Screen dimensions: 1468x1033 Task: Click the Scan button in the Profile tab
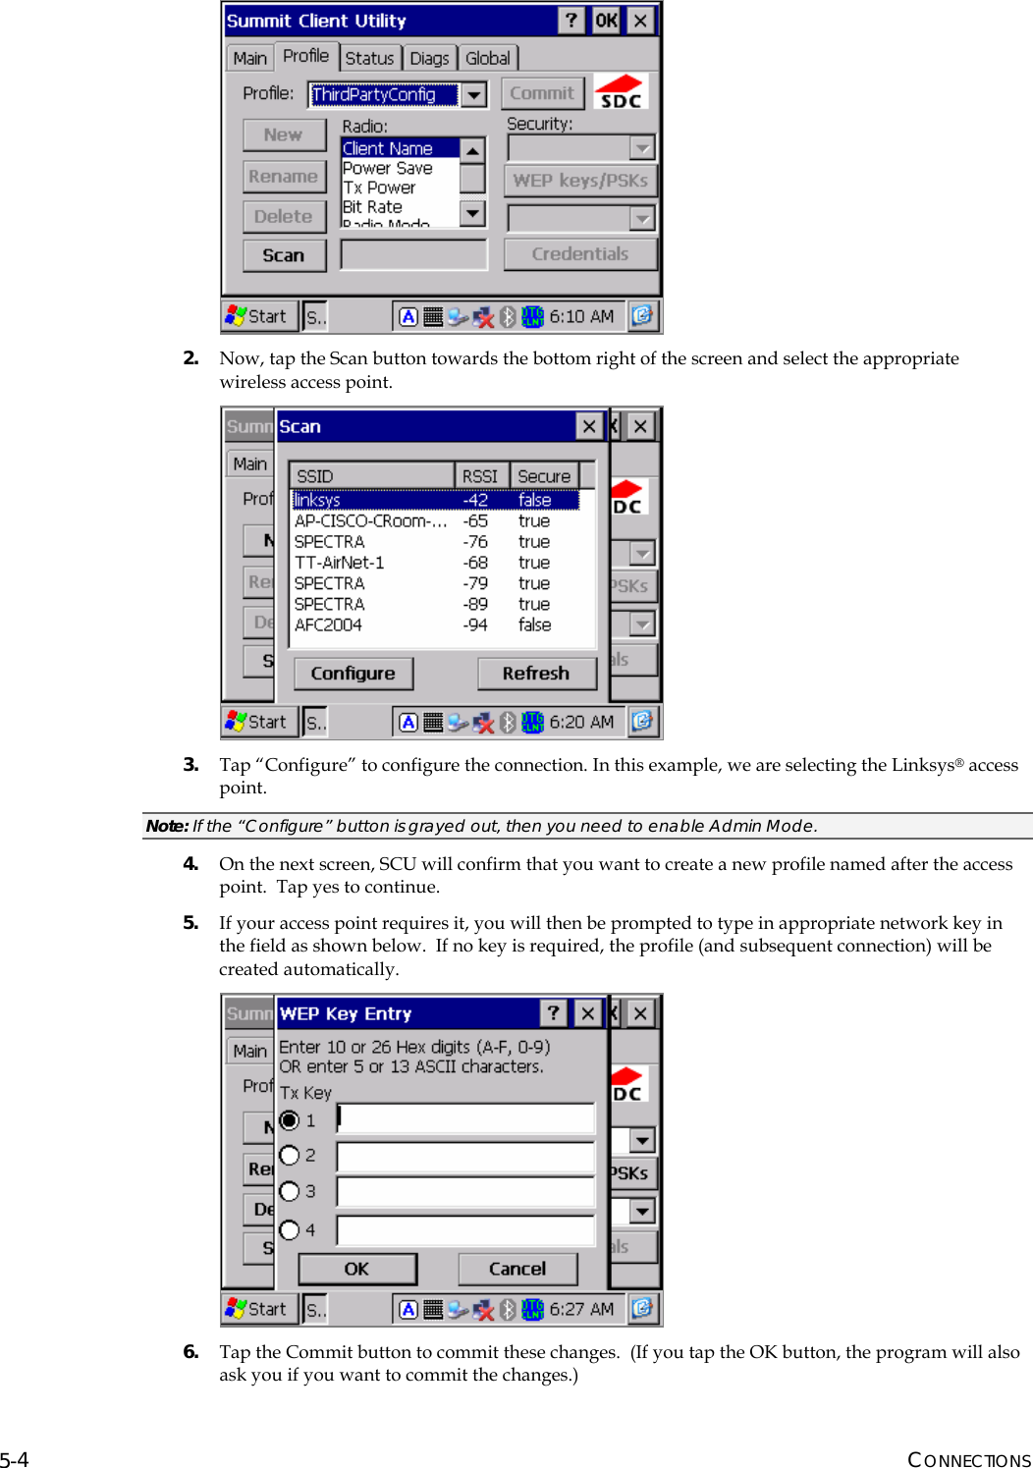[x=284, y=255]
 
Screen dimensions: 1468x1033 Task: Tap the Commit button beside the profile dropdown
[x=542, y=93]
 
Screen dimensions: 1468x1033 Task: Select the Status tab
[x=369, y=58]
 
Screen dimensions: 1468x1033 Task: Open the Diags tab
[x=429, y=58]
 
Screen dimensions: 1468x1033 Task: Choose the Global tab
[x=488, y=58]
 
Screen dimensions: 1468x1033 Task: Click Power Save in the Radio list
[x=388, y=168]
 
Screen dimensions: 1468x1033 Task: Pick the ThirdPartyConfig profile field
[x=383, y=94]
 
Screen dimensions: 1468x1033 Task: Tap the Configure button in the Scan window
[x=353, y=674]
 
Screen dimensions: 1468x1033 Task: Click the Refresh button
[x=536, y=674]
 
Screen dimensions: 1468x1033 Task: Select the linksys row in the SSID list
[x=317, y=500]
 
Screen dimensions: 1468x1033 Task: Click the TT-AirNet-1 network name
[x=340, y=563]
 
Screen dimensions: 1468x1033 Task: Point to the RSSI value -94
[x=475, y=625]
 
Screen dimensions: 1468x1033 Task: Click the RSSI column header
[x=480, y=476]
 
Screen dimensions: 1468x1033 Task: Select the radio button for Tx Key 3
[x=290, y=1191]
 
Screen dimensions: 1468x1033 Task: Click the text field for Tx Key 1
[x=465, y=1118]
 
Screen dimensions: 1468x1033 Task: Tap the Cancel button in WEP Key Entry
[x=517, y=1269]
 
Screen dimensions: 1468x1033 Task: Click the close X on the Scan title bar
[x=589, y=426]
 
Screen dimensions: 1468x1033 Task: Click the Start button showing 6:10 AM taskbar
[x=257, y=316]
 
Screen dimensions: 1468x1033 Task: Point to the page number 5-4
[x=15, y=1459]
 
